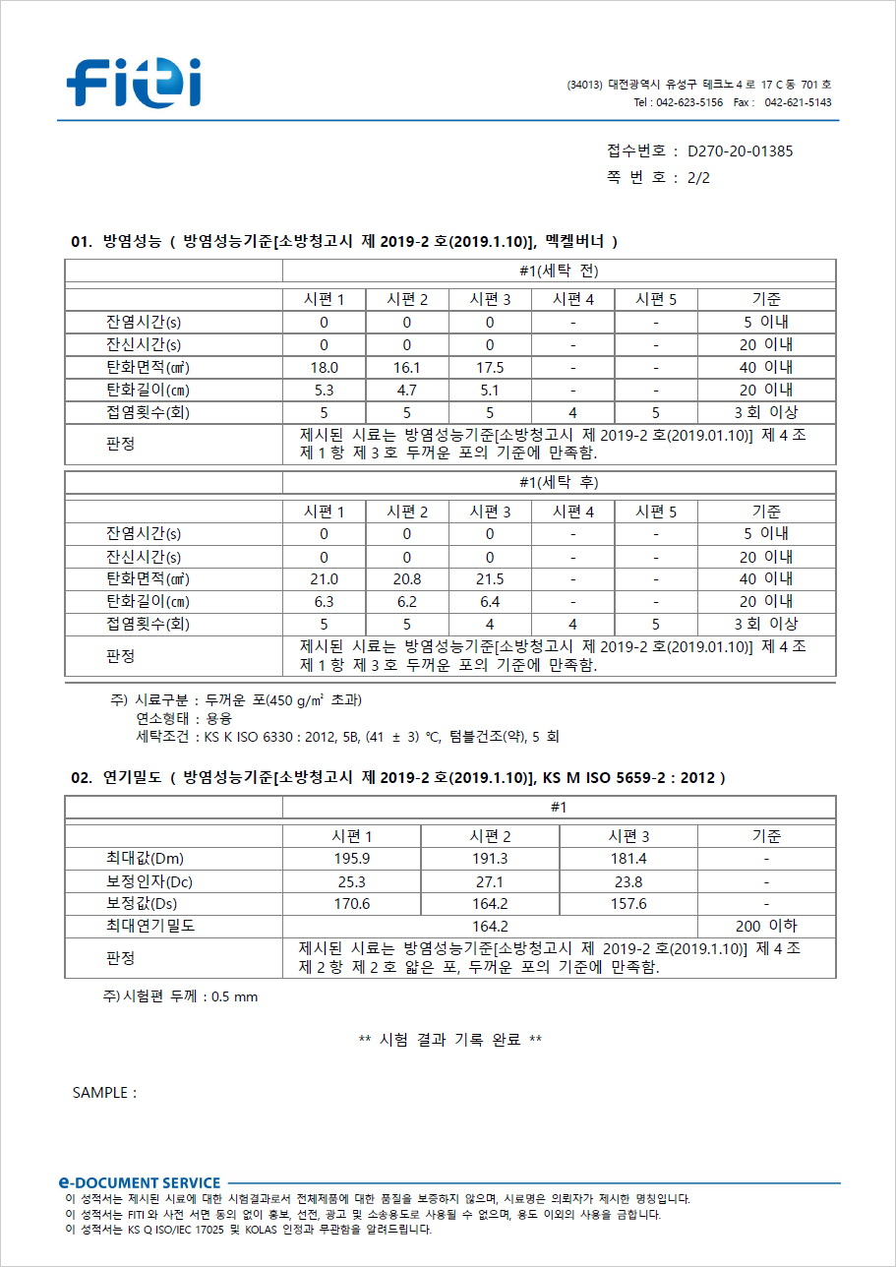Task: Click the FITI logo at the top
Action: pyautogui.click(x=135, y=82)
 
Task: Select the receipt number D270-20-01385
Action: pyautogui.click(x=740, y=151)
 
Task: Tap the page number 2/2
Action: pyautogui.click(x=698, y=178)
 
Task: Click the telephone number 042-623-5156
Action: pyautogui.click(x=689, y=102)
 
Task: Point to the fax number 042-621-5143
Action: pyautogui.click(x=798, y=102)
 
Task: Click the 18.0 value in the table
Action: pyautogui.click(x=324, y=367)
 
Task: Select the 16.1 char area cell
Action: pyautogui.click(x=406, y=367)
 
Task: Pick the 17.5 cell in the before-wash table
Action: pyautogui.click(x=489, y=367)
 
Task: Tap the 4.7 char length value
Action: pyautogui.click(x=406, y=390)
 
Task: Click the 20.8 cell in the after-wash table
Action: pyautogui.click(x=406, y=579)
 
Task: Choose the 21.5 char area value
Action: pyautogui.click(x=489, y=579)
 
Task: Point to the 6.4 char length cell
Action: pyautogui.click(x=489, y=601)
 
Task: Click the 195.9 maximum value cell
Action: pyautogui.click(x=351, y=859)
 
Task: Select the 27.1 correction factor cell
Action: pyautogui.click(x=489, y=881)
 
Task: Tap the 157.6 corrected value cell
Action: pyautogui.click(x=627, y=903)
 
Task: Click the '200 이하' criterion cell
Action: pyautogui.click(x=766, y=926)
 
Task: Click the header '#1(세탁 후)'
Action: pyautogui.click(x=559, y=483)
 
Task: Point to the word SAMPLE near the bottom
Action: pyautogui.click(x=103, y=1093)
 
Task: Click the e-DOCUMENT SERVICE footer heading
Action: pyautogui.click(x=139, y=1182)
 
